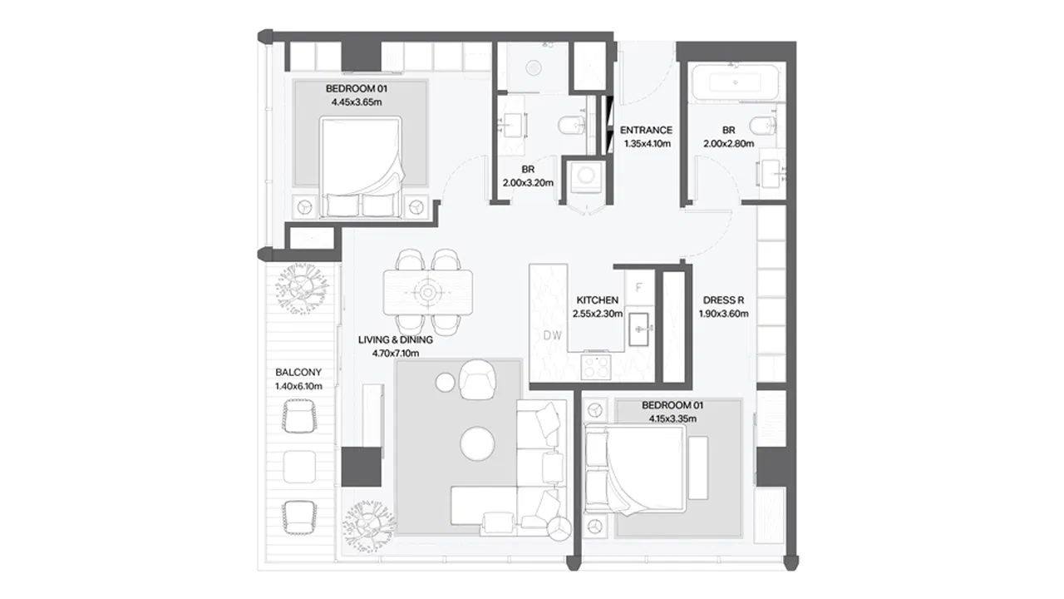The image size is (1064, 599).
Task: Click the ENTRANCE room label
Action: coord(646,130)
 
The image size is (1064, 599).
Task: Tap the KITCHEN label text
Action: coord(598,300)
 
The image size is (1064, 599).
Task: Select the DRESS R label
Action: coord(723,300)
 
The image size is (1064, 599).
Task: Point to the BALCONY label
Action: coord(298,372)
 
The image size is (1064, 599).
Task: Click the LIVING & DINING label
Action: coord(396,340)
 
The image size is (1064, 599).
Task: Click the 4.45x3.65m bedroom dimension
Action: coord(357,101)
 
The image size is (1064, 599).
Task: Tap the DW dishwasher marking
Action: coord(553,335)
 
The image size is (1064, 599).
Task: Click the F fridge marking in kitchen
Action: coord(639,288)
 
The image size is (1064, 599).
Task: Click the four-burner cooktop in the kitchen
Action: coord(596,367)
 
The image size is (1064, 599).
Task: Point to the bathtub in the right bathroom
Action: coord(736,82)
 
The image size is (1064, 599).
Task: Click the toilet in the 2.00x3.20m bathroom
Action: coord(571,126)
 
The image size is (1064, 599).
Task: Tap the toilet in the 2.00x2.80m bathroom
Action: coord(763,126)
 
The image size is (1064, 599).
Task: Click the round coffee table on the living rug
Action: coord(477,443)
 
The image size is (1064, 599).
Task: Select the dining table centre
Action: coord(427,292)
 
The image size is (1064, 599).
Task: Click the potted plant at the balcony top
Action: coord(302,289)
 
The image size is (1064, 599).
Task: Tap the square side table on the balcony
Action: coord(299,467)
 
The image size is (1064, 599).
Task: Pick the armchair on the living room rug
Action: coord(478,379)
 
